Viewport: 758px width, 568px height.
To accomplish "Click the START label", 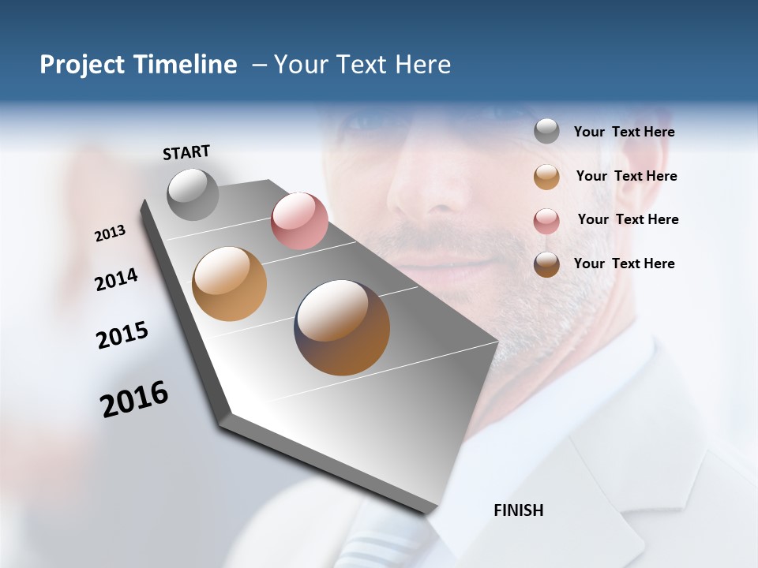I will pos(186,152).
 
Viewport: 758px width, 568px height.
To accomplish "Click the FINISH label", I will pos(518,510).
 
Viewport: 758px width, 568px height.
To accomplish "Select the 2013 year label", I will pos(110,234).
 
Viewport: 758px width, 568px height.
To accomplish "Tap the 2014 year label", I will pos(116,279).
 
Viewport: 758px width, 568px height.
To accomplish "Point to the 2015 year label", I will pos(122,335).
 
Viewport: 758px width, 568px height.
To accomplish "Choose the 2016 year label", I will pos(134,399).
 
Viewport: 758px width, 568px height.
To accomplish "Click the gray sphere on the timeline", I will pos(193,194).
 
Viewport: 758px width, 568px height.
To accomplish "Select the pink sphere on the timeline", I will pos(299,221).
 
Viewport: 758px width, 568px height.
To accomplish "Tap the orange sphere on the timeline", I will pos(229,284).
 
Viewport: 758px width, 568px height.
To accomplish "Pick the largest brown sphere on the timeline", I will pos(342,327).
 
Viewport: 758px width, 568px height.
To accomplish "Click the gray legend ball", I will pos(546,132).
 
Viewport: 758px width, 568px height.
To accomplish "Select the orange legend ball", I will pos(546,177).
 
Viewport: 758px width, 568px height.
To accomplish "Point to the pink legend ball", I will pos(546,221).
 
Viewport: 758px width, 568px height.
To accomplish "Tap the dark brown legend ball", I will pos(546,264).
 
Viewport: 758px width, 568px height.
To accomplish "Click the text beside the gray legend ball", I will pos(624,133).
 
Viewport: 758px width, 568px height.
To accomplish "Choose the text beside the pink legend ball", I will pos(628,219).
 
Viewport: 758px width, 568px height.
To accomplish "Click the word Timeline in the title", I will pos(185,65).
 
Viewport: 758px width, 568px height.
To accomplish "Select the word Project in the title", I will pos(82,65).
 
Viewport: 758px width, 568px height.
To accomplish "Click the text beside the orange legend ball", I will pos(626,176).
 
